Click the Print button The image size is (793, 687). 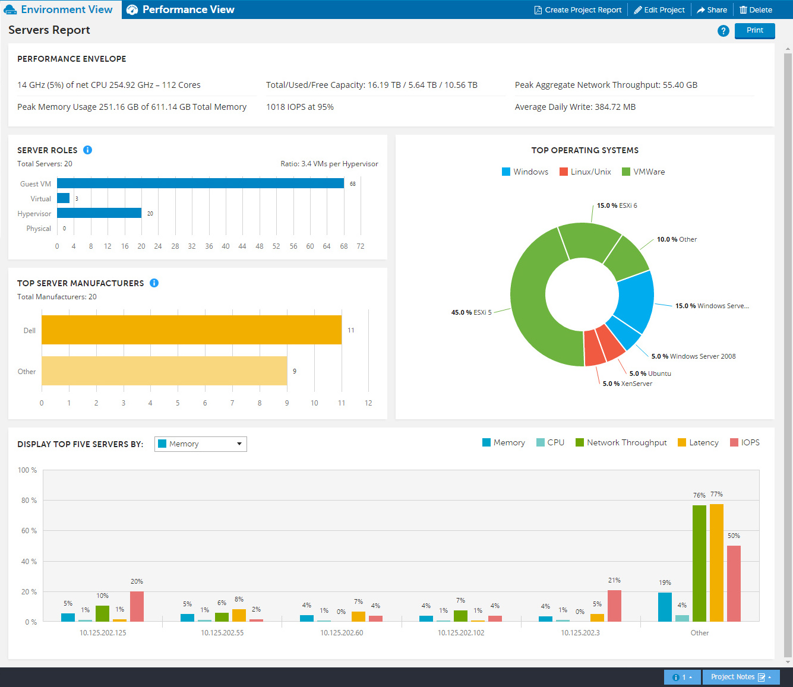click(x=754, y=30)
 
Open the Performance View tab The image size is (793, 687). click(x=181, y=10)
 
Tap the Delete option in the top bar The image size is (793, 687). click(x=756, y=10)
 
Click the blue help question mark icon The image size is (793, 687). click(x=723, y=31)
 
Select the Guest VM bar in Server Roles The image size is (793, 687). click(x=200, y=183)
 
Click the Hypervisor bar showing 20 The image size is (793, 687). click(x=99, y=213)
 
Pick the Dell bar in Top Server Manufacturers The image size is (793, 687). click(x=191, y=330)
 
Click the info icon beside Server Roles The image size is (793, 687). click(x=87, y=150)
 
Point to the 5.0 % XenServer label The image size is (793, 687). click(x=627, y=384)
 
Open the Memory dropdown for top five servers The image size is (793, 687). click(x=201, y=444)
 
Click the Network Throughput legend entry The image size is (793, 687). click(x=621, y=443)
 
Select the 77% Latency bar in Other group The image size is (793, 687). click(x=716, y=562)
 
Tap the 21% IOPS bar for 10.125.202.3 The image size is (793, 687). click(x=614, y=606)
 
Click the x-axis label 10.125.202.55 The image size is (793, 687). click(x=222, y=633)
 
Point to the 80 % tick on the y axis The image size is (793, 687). click(x=29, y=501)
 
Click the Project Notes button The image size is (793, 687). click(x=740, y=677)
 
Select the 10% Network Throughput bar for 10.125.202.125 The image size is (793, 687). click(x=102, y=614)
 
